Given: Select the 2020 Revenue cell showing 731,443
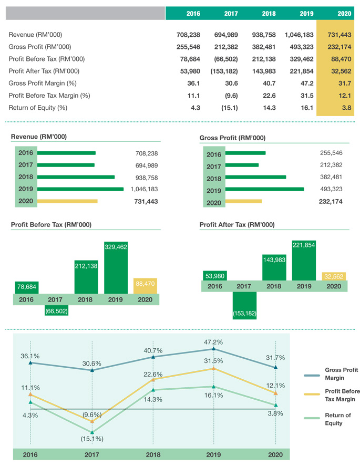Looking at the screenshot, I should click(x=339, y=35).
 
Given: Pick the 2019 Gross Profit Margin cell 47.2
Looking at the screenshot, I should click(x=306, y=83).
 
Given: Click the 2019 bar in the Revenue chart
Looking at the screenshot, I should click(x=80, y=189).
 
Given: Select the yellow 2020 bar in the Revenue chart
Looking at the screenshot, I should click(x=67, y=201).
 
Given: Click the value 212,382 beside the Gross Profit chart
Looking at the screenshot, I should click(x=331, y=165).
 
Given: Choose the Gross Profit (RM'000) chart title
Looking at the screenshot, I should click(x=232, y=138).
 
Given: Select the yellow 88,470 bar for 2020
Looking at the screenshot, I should click(x=145, y=286).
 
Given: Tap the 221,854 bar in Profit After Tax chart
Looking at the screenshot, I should click(x=304, y=260).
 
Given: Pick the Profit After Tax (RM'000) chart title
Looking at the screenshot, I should click(x=236, y=225).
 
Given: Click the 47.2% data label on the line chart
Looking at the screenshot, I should click(x=213, y=341).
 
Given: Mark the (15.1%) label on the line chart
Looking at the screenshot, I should click(x=91, y=438).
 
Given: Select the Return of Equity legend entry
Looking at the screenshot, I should click(x=333, y=419).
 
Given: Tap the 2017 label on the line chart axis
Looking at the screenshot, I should click(x=91, y=455).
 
